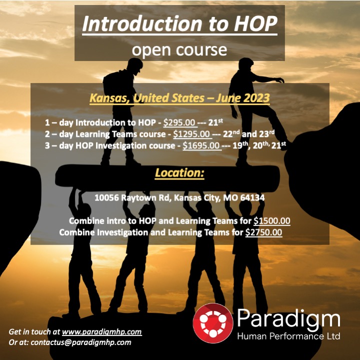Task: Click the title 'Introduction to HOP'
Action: (x=179, y=24)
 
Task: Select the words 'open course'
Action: (x=179, y=49)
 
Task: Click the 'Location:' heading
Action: (x=179, y=173)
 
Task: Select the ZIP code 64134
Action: (x=252, y=198)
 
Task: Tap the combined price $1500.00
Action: (x=272, y=221)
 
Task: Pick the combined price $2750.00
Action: (x=263, y=232)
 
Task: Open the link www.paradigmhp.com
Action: (x=102, y=331)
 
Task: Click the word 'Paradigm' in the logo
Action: (x=288, y=317)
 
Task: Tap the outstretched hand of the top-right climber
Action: (x=279, y=79)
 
